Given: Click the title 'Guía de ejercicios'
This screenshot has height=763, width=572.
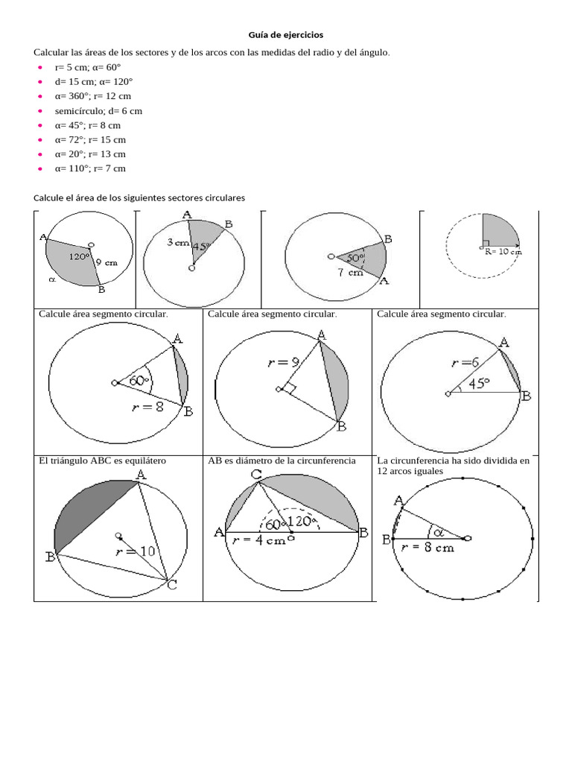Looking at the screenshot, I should pyautogui.click(x=286, y=35).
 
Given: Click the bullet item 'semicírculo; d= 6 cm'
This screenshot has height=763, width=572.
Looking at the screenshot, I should pyautogui.click(x=98, y=111).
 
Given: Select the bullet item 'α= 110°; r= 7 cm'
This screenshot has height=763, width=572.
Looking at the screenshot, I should pyautogui.click(x=89, y=169).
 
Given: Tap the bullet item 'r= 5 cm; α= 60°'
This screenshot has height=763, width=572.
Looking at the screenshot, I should pyautogui.click(x=87, y=67).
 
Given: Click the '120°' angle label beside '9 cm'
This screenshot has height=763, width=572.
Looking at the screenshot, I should pyautogui.click(x=80, y=256).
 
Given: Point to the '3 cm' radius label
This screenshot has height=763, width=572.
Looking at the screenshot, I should pyautogui.click(x=178, y=243).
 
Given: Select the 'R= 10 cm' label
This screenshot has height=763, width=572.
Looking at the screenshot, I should pyautogui.click(x=498, y=252).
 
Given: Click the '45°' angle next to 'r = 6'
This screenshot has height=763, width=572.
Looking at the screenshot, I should pyautogui.click(x=478, y=384).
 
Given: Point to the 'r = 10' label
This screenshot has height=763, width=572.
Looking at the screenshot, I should pyautogui.click(x=135, y=552).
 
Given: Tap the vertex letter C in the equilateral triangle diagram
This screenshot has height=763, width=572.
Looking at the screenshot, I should pyautogui.click(x=171, y=585).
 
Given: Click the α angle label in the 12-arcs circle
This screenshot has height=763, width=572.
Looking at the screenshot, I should pyautogui.click(x=437, y=532).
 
